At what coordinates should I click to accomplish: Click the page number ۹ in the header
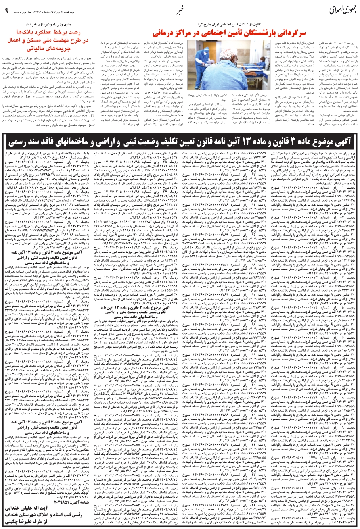coord(7,9)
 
